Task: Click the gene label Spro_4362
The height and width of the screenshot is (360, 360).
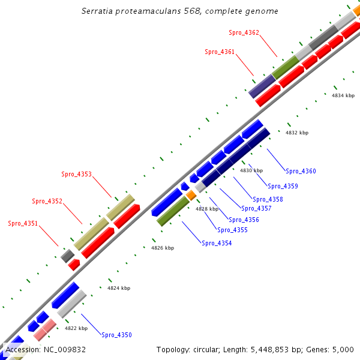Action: pos(244,32)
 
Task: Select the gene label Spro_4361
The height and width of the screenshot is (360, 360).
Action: pos(220,52)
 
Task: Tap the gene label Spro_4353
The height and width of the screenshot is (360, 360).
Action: pos(76,175)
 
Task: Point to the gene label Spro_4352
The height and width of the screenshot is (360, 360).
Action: pos(47,202)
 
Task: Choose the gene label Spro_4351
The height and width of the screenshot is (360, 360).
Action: pos(23,223)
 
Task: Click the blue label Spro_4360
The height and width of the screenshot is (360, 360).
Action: pos(301,172)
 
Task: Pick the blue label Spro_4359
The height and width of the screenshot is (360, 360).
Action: pos(283,186)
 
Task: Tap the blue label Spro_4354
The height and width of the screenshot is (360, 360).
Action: pos(217,243)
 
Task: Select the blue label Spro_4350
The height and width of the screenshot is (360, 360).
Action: pos(116,335)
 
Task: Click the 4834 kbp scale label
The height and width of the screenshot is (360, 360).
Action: pos(343,95)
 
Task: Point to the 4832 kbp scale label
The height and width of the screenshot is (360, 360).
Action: pos(296,133)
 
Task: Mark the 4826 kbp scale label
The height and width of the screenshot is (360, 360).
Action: pos(162,248)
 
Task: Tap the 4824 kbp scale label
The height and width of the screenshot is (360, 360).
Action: pos(119,288)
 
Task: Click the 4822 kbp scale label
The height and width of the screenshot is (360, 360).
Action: pos(76,328)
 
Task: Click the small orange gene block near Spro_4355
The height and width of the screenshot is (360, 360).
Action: pos(191,195)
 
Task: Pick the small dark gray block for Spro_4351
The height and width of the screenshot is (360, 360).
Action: pos(67,256)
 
